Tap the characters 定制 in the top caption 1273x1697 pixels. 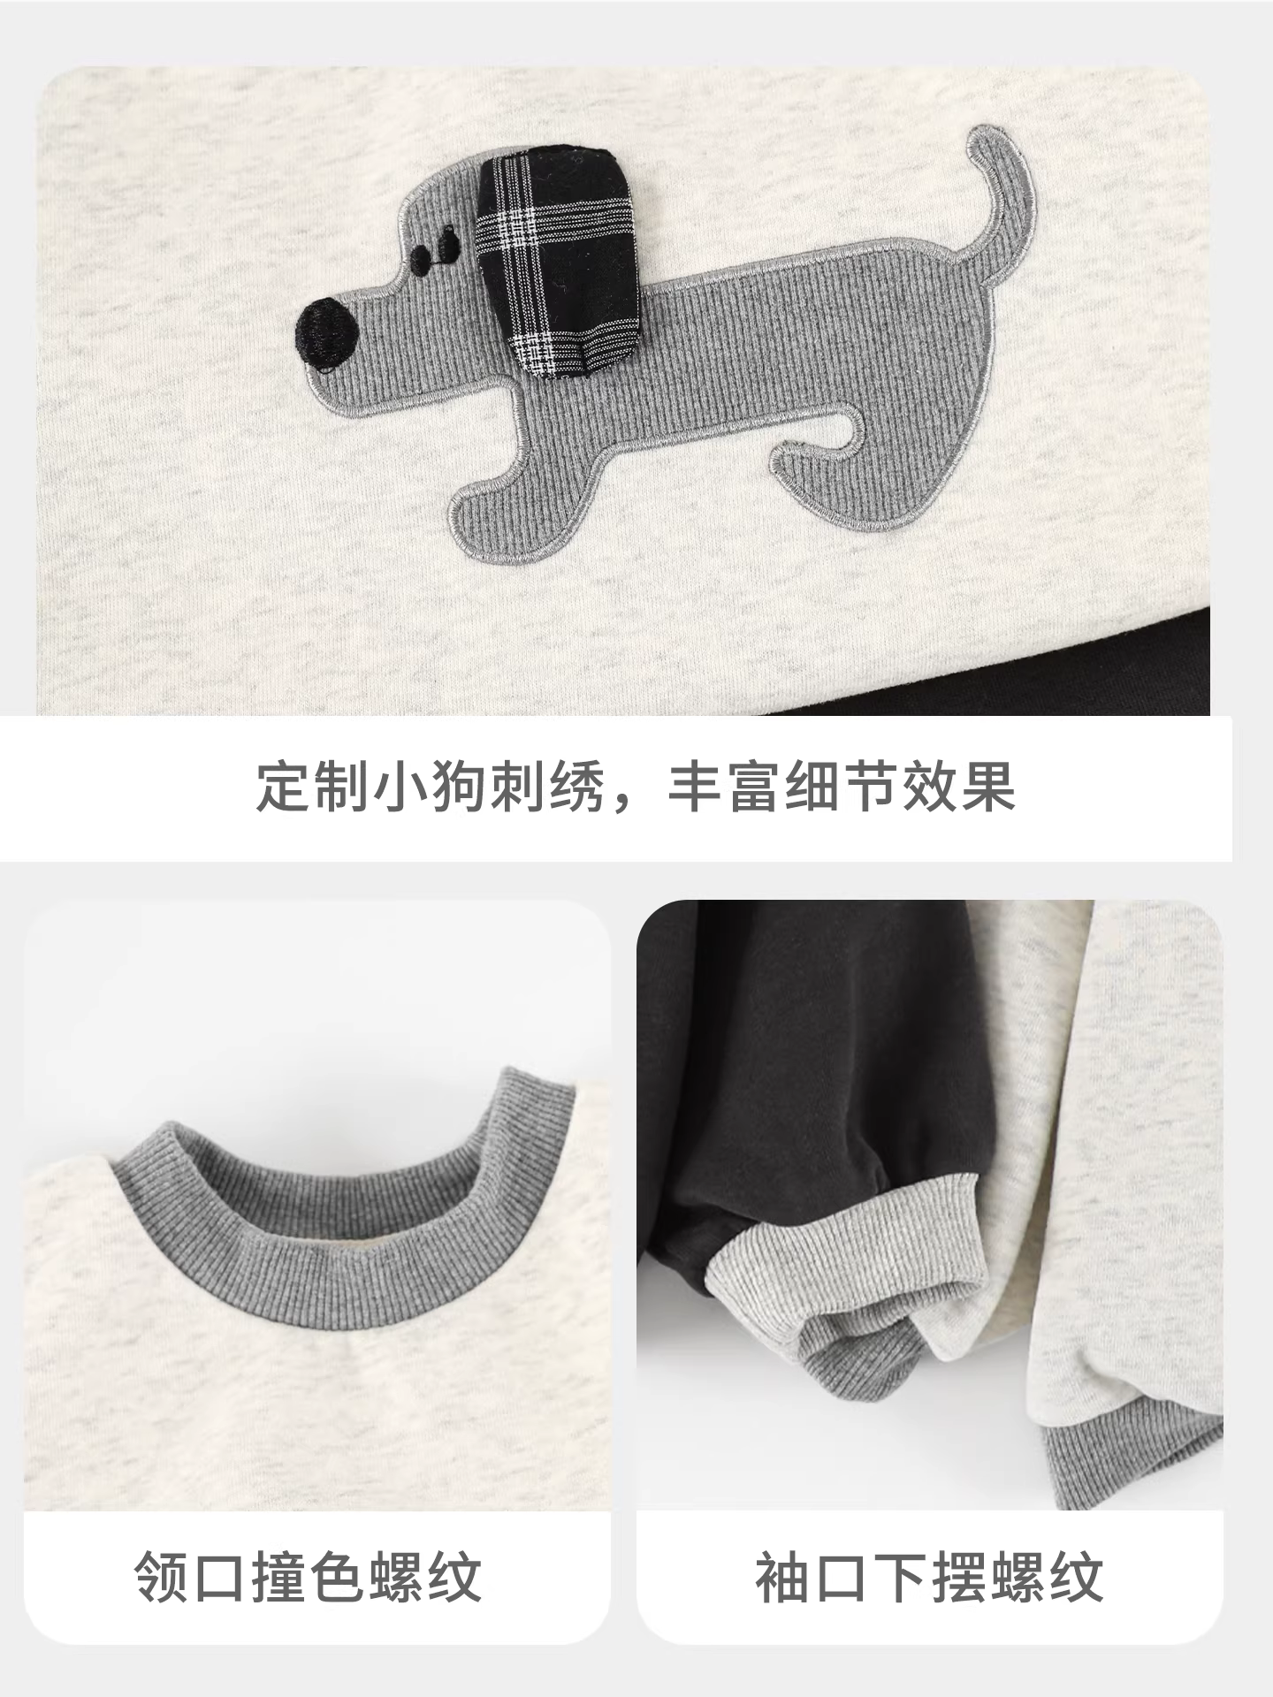(x=314, y=786)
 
